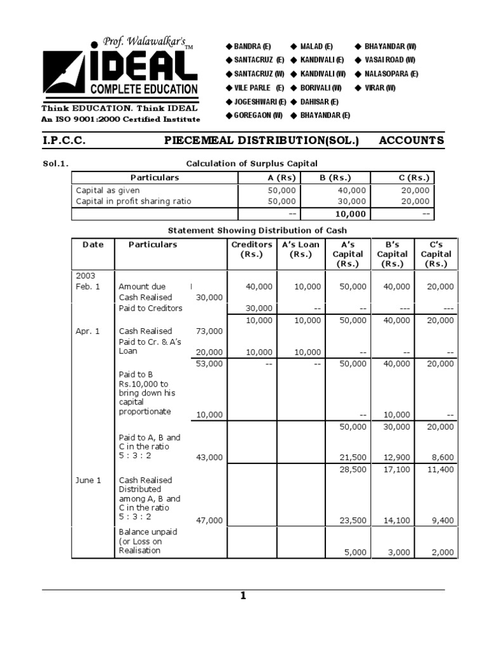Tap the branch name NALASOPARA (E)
point(391,74)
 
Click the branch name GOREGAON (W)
point(257,115)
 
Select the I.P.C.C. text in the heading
point(64,140)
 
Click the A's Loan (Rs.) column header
point(301,249)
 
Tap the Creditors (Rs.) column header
point(252,249)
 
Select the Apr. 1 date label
point(88,331)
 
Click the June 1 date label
point(89,481)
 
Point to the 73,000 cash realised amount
point(209,331)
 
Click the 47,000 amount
point(209,521)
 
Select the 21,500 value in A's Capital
point(353,457)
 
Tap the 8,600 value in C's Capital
point(443,457)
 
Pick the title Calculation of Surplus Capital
point(251,164)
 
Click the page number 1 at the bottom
point(243,595)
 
